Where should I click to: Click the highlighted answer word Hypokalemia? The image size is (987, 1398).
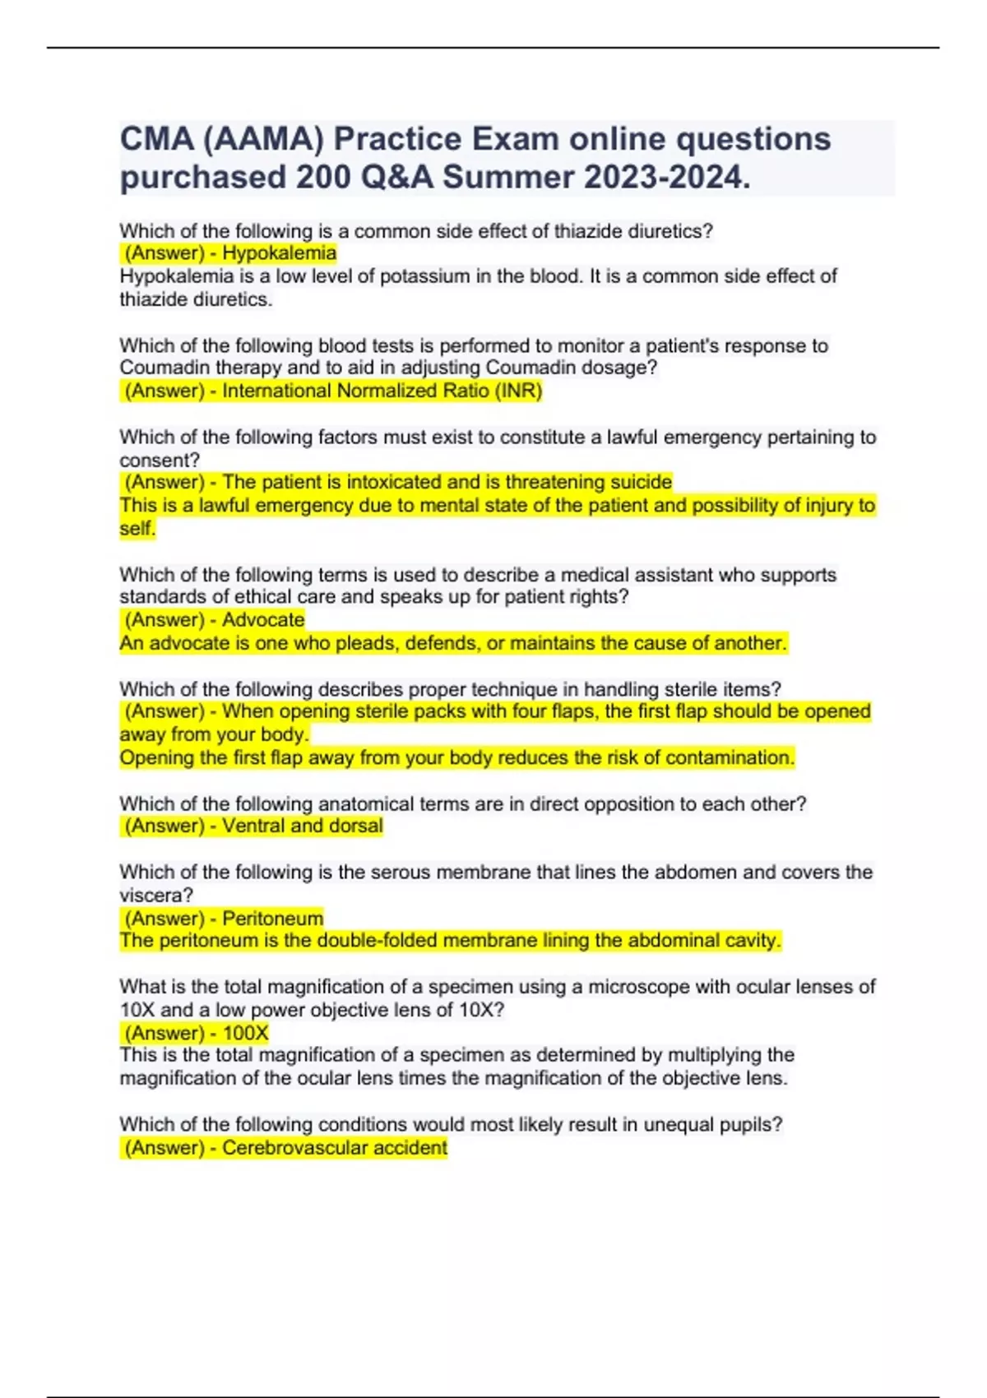point(279,253)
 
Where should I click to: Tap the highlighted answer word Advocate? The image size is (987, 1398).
point(263,619)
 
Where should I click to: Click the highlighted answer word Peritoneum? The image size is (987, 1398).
point(272,918)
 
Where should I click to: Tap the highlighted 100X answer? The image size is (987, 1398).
point(245,1033)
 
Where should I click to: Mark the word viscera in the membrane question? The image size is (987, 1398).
point(155,895)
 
